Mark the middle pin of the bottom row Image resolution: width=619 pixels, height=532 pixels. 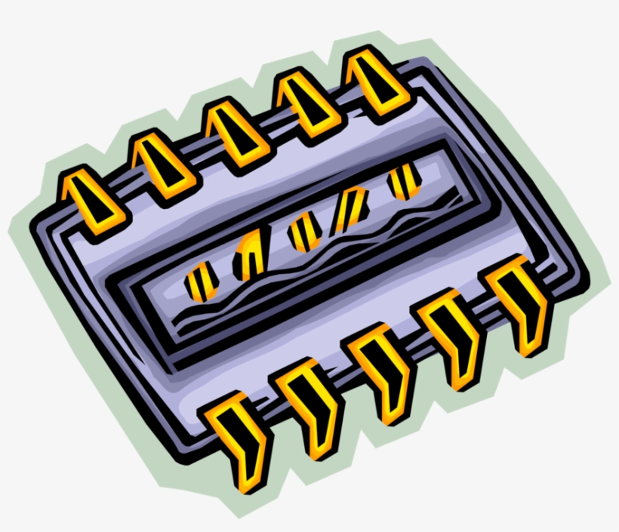pyautogui.click(x=382, y=367)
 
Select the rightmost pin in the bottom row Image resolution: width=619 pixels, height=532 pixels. pyautogui.click(x=520, y=302)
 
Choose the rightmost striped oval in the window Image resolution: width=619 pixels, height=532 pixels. pyautogui.click(x=403, y=181)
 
